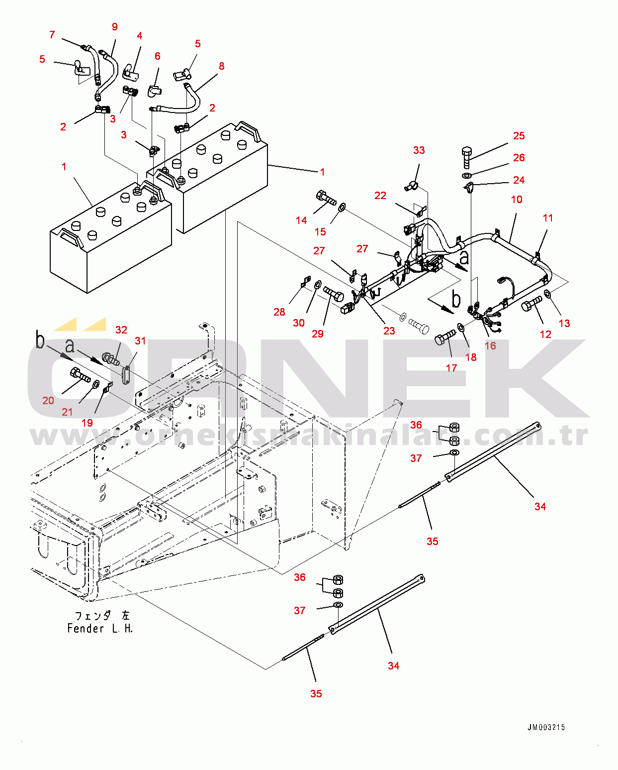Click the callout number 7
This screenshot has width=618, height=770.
52,34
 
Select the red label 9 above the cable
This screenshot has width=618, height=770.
115,27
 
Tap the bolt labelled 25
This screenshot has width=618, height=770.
466,157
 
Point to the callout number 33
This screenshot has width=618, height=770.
419,150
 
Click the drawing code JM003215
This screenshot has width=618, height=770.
546,727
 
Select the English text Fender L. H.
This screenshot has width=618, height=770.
100,629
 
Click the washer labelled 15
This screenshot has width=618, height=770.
342,207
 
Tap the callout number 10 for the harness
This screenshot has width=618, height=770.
517,200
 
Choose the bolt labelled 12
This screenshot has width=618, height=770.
531,304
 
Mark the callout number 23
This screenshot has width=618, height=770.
389,330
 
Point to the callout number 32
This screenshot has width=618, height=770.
121,330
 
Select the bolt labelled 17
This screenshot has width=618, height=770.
444,337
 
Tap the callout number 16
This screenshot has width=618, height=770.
490,345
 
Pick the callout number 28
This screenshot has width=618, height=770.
279,312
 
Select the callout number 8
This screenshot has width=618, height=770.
221,66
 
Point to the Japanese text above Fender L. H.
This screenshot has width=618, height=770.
101,616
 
